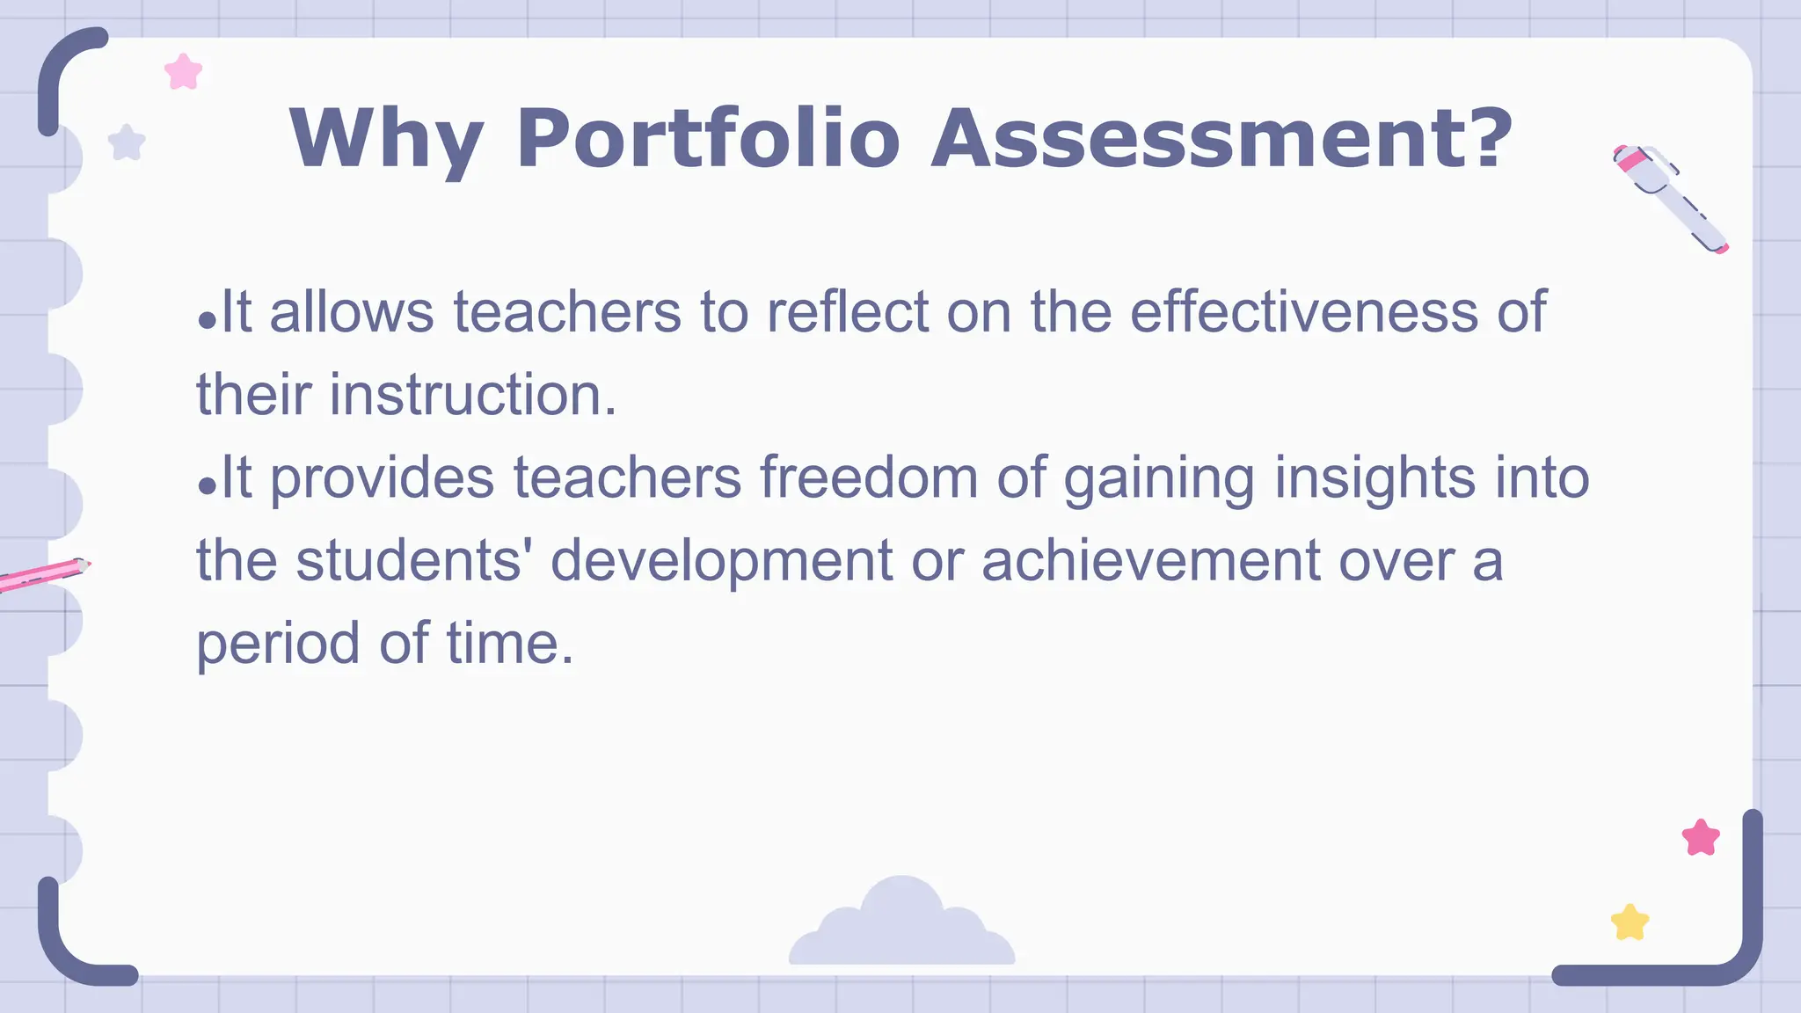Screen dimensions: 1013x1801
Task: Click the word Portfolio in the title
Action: pyautogui.click(x=708, y=139)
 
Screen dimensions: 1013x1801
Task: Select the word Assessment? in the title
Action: pyautogui.click(x=1221, y=139)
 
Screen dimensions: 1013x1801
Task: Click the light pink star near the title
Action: pyautogui.click(x=184, y=72)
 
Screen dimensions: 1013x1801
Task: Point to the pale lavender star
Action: pyautogui.click(x=127, y=143)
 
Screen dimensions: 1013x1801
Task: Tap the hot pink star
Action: pyautogui.click(x=1701, y=838)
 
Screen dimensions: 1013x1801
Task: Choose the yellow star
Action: pyautogui.click(x=1630, y=923)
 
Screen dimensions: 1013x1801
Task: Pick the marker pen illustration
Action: pyautogui.click(x=1670, y=198)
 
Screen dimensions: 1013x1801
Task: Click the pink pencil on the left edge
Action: pyautogui.click(x=44, y=573)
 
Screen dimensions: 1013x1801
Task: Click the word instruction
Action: pyautogui.click(x=473, y=394)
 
